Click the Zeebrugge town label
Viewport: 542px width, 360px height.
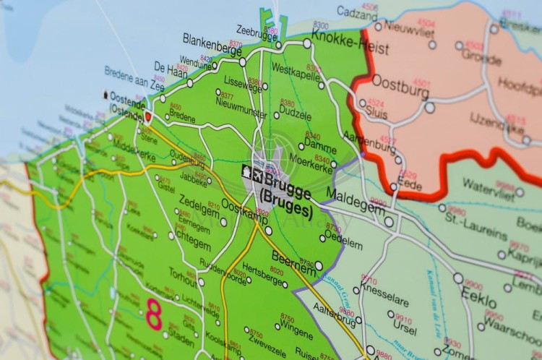point(257,30)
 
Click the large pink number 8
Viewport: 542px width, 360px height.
point(154,315)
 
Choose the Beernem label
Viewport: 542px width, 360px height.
point(296,259)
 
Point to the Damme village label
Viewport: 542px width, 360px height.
point(320,147)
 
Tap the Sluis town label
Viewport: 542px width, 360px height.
point(377,111)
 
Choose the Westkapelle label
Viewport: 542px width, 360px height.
point(297,71)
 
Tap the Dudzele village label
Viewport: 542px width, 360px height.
point(296,113)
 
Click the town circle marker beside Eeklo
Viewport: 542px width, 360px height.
point(458,278)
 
